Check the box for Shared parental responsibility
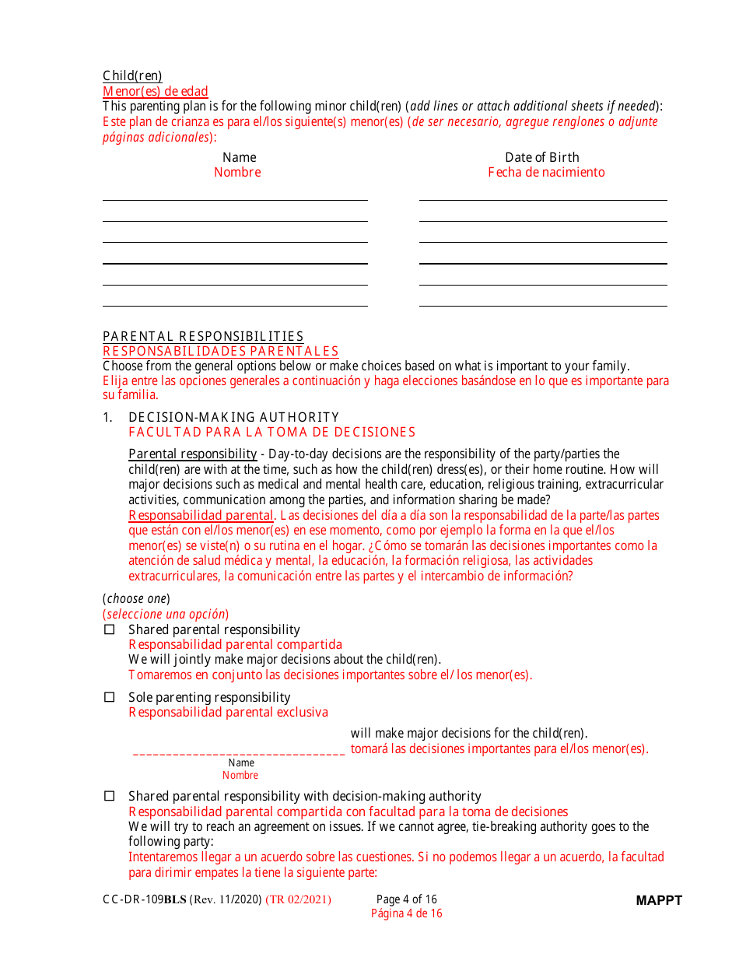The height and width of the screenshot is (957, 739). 110,629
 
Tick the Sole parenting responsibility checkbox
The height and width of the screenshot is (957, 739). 110,697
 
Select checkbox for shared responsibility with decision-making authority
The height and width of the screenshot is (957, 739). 110,796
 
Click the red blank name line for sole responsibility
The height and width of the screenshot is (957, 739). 239,752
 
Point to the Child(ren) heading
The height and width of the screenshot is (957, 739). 132,76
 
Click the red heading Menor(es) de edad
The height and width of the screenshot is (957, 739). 156,91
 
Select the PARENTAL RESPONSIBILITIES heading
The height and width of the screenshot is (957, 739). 203,336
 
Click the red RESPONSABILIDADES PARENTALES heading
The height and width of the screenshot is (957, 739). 221,351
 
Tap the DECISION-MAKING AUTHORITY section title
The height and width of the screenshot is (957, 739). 233,417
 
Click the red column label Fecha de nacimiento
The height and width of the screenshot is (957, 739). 546,172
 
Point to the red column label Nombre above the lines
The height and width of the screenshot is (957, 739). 237,172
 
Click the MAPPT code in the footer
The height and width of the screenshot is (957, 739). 658,900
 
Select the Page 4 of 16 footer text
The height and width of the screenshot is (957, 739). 406,899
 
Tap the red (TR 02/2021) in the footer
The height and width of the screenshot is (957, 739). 298,899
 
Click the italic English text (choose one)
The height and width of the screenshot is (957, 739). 136,598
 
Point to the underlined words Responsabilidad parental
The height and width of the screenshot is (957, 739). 201,515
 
